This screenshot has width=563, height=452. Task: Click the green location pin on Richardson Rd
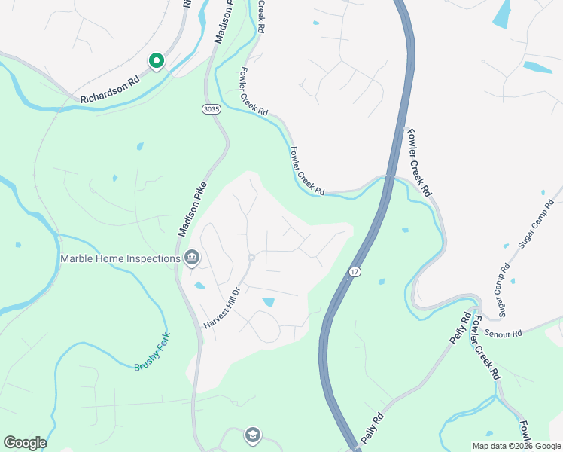(x=156, y=60)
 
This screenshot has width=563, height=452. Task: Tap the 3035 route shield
(x=212, y=110)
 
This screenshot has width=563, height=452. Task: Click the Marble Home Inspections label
(x=120, y=258)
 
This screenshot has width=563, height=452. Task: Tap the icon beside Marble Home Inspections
(x=192, y=258)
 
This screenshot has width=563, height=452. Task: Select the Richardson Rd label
(x=111, y=88)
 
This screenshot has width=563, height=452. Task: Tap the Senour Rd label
(x=504, y=332)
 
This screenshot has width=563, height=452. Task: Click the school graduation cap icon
(x=252, y=435)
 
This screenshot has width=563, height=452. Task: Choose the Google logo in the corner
(x=25, y=443)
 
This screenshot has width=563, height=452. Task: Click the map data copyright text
(x=516, y=446)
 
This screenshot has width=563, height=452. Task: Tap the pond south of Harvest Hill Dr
(x=268, y=302)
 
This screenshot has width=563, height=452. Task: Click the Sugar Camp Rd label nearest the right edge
(x=535, y=224)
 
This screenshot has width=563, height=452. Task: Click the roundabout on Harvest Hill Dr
(x=251, y=258)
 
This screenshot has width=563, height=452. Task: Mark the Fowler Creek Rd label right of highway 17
(x=420, y=161)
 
